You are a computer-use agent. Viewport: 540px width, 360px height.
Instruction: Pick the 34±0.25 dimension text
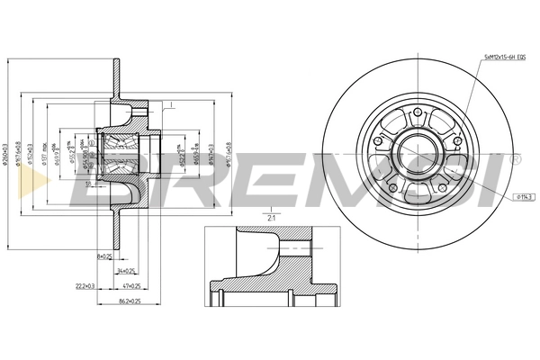(124, 269)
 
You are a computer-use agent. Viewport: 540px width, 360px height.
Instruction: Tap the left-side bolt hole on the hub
(378, 140)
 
